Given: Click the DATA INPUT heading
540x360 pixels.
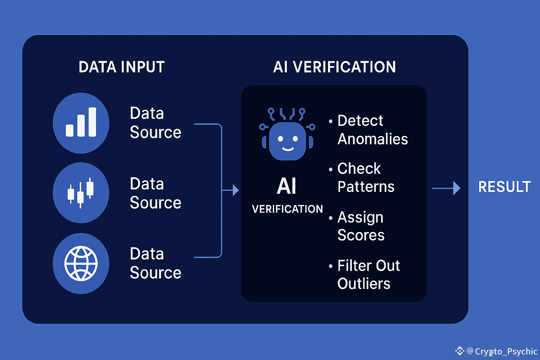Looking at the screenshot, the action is point(122,67).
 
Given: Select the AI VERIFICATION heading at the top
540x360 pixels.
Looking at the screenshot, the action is point(334,67).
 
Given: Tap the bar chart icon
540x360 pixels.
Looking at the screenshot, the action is point(81,122).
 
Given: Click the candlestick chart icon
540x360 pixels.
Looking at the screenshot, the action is point(81,193).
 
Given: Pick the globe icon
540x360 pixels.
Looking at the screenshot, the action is point(81,263).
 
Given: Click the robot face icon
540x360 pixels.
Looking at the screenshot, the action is point(287,134).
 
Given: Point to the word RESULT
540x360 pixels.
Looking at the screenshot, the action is point(504,187).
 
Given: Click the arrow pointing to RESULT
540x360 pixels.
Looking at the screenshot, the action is point(446,188).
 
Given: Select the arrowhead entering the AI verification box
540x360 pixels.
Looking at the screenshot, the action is point(236,190).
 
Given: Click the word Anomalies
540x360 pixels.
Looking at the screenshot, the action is point(373,139).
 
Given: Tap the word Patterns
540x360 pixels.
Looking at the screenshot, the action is point(366,187).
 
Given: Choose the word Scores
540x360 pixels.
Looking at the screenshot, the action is point(361,235).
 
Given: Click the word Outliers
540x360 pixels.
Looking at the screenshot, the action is point(364,284).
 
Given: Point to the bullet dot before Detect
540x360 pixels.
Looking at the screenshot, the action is point(331,121).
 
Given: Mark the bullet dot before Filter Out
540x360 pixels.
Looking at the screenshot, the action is point(331,266).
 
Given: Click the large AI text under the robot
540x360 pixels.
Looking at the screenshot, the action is point(287,186).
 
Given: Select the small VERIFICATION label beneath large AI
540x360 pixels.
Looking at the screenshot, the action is point(287,209).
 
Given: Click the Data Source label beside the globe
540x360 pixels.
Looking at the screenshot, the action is point(155,263).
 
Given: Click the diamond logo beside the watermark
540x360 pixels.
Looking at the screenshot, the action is point(460,351).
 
